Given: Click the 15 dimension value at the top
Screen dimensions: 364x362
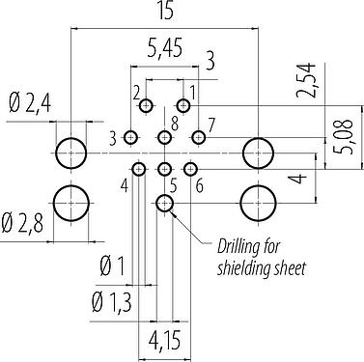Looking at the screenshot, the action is pos(165,11).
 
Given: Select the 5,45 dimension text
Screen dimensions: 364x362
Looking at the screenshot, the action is pos(165,48).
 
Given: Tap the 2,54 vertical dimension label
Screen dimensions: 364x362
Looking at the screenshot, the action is pos(306,80).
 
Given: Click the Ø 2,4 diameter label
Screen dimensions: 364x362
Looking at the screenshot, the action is pos(30,103).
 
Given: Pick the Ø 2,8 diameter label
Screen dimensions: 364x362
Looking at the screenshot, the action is pos(22,223).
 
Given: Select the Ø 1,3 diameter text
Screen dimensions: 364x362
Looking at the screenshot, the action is pos(111,302).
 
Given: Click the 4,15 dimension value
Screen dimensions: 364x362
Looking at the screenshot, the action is pos(164,341).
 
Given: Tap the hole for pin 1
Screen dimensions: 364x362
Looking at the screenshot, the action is pos(183,105).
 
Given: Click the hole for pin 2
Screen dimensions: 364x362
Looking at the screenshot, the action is pos(146,105).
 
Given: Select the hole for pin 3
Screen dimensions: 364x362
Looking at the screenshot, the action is pos(130,138).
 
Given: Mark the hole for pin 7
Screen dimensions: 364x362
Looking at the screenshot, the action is pos(199,138).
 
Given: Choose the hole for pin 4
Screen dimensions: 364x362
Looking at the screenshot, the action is pos(139,169).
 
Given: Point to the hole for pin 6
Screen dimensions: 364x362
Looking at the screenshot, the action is pos(190,169).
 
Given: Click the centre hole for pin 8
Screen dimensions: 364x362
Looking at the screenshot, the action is pos(164,138).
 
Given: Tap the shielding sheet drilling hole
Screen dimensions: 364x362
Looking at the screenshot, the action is pos(164,203).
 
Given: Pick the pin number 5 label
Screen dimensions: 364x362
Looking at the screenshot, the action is pos(173,185).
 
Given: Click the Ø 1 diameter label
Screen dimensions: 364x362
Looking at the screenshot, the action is pos(112,266).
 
